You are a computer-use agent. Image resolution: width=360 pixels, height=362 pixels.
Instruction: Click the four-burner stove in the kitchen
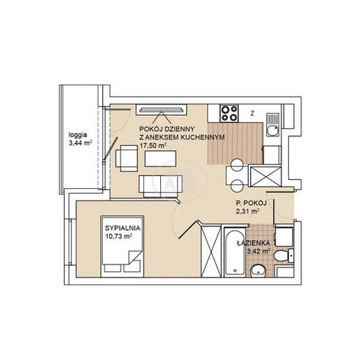(x=230, y=113)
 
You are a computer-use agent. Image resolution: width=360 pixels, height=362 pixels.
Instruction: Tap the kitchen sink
(x=273, y=125)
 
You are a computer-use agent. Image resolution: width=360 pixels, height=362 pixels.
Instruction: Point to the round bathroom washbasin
(x=258, y=271)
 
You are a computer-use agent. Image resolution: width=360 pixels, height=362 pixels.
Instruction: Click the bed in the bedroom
(x=122, y=246)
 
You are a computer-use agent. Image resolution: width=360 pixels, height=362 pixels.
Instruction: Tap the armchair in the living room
(x=127, y=158)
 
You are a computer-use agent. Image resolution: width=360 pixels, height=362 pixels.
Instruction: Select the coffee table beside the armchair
(x=160, y=159)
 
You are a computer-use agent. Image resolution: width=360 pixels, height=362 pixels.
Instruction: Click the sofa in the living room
(x=161, y=186)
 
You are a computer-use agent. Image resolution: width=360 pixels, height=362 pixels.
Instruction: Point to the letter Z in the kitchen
(x=252, y=114)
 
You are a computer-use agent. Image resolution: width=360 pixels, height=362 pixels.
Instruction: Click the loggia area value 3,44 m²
(x=80, y=143)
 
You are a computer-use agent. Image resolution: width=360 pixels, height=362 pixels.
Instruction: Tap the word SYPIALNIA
(x=123, y=228)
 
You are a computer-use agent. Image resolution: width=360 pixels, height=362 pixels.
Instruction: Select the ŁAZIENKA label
(x=253, y=243)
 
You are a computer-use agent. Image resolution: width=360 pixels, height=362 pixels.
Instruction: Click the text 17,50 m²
(x=153, y=146)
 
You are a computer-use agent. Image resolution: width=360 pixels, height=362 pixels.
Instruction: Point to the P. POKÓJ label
(x=251, y=203)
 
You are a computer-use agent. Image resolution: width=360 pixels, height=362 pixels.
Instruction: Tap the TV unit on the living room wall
(x=162, y=110)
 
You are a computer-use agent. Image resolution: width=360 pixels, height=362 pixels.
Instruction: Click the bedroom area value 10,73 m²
(x=118, y=236)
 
